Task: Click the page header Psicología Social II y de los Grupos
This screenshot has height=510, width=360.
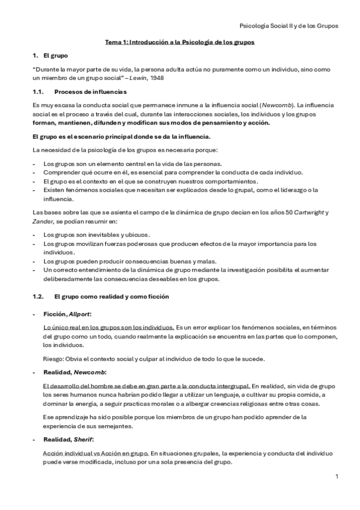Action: (x=288, y=26)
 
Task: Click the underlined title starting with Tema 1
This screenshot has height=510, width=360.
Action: (x=180, y=43)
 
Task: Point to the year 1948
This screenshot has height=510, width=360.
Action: (x=157, y=78)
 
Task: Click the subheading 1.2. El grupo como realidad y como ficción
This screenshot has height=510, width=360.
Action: (x=101, y=296)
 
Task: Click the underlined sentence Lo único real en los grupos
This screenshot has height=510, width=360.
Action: (x=109, y=326)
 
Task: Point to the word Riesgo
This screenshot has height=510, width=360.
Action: (x=54, y=360)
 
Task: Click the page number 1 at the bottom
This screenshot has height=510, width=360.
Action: (x=337, y=476)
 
